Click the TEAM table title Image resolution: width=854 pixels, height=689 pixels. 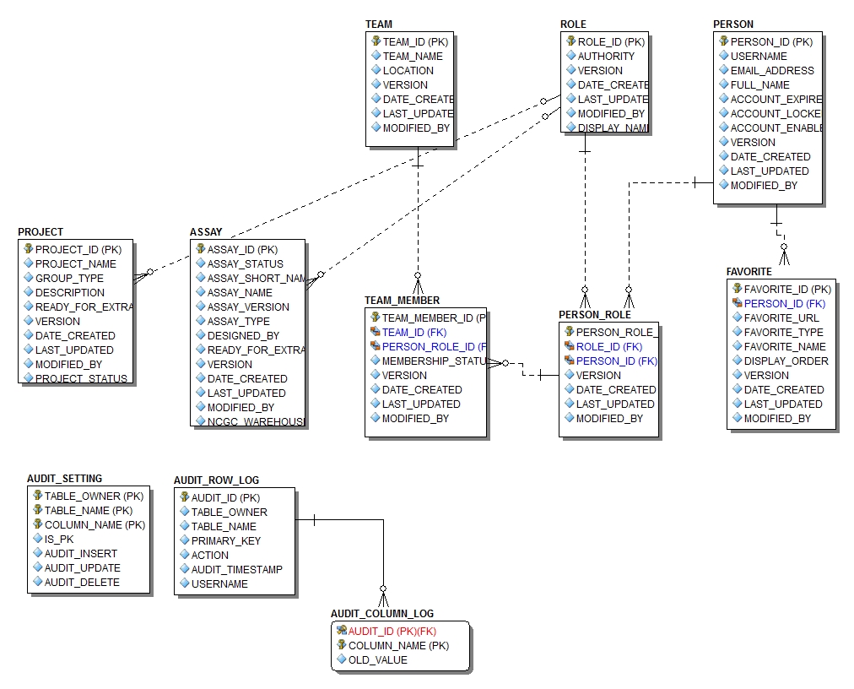[379, 24]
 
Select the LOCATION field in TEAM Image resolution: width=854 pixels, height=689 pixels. [408, 71]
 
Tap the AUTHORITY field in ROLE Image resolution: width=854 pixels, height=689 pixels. [606, 57]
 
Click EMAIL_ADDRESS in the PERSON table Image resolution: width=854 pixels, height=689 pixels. [772, 71]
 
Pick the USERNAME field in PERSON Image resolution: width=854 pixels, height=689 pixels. [759, 57]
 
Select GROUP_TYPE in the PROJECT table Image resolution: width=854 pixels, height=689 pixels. [69, 279]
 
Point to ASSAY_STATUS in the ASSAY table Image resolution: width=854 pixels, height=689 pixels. [246, 264]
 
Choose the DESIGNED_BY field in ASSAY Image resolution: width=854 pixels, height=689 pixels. [243, 336]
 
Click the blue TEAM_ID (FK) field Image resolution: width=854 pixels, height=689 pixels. [408, 333]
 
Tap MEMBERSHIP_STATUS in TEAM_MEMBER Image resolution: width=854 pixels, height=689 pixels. [430, 361]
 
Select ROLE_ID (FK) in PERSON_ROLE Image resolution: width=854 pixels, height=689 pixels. [608, 347]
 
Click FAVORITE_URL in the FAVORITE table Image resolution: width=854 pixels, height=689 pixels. [781, 318]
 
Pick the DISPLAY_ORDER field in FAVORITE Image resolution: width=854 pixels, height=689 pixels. [786, 361]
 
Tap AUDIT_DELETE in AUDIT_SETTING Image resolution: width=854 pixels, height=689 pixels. [82, 583]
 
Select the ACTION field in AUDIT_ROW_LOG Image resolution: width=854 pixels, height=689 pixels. [209, 556]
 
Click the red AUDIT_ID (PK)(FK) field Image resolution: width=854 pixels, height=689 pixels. [392, 632]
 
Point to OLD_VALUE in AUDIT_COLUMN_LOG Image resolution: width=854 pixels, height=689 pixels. [377, 660]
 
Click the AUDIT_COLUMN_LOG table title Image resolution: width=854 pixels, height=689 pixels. [382, 614]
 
